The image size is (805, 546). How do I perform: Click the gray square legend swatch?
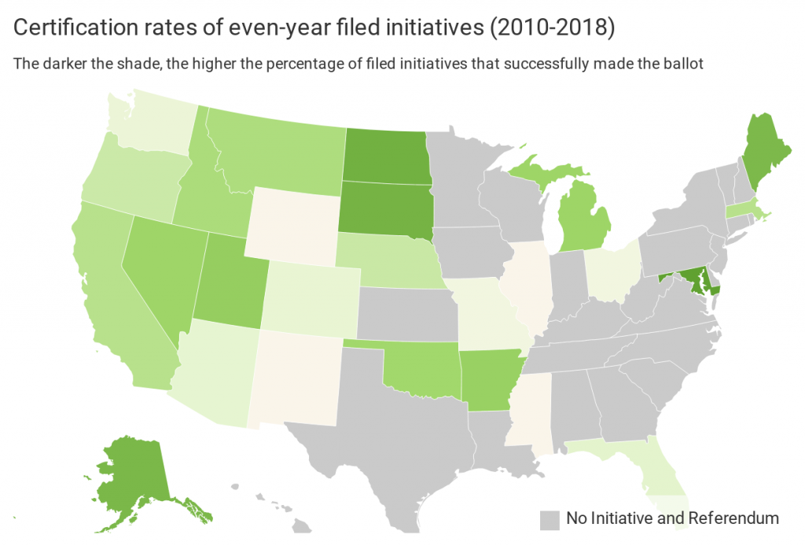[x=550, y=518]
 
